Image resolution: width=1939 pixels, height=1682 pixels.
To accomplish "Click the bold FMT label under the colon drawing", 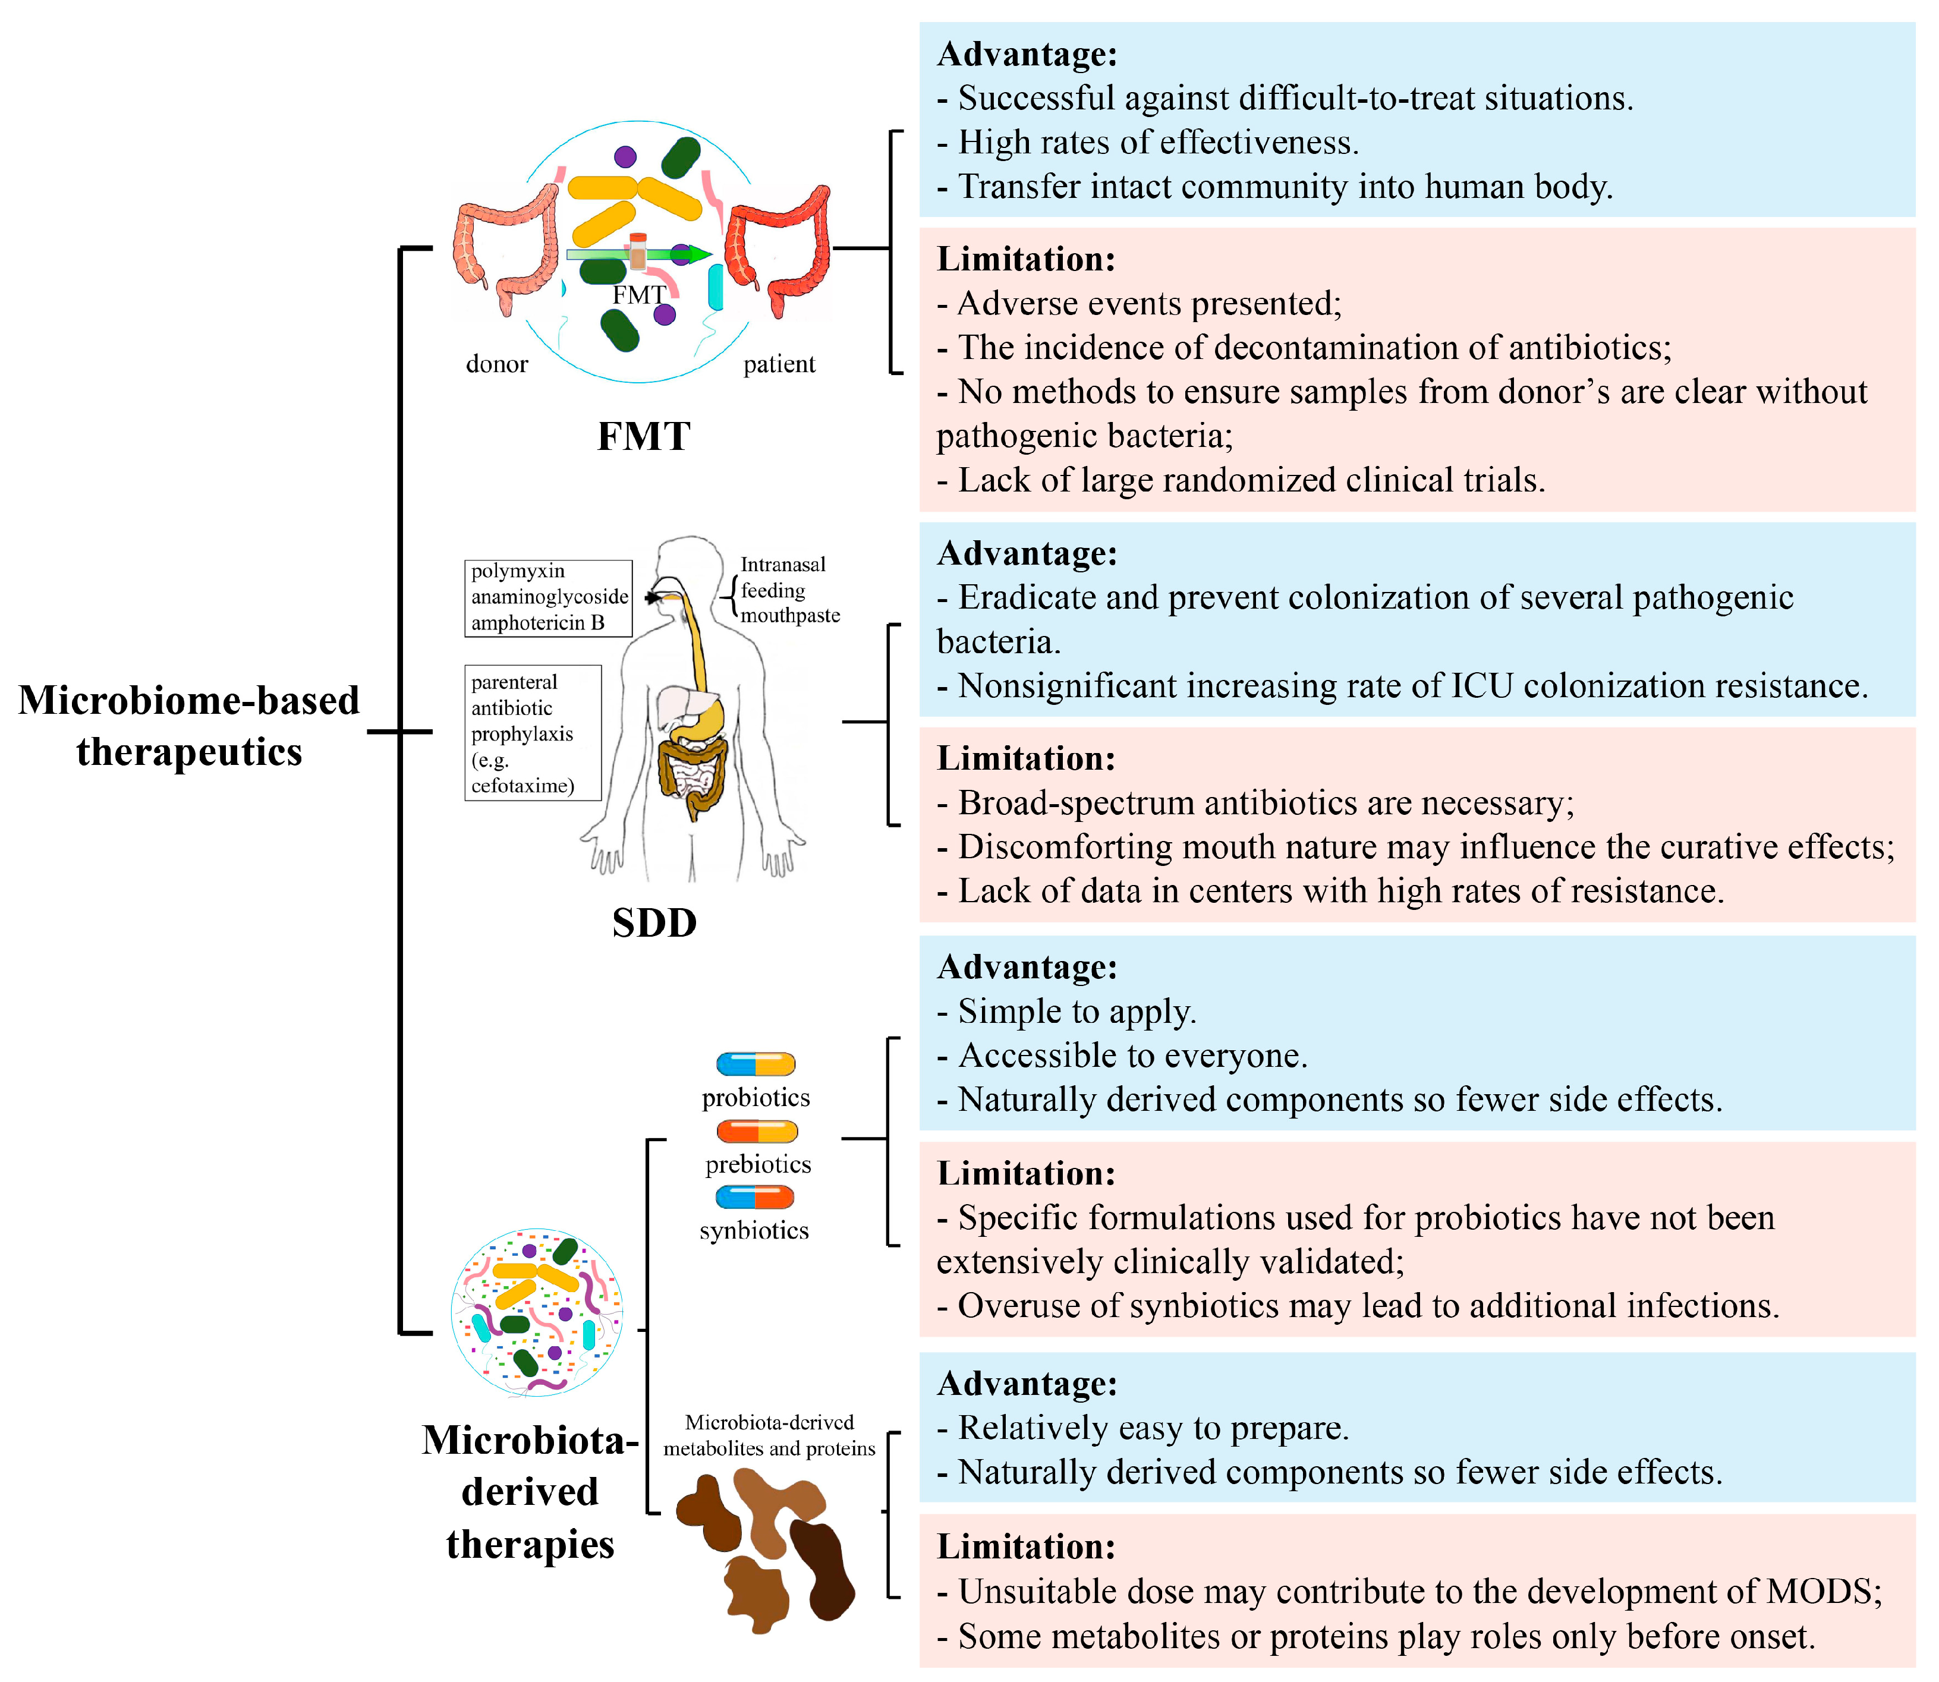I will tap(644, 436).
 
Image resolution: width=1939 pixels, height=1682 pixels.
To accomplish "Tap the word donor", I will tap(496, 364).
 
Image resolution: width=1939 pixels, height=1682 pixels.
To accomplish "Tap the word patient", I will tap(779, 364).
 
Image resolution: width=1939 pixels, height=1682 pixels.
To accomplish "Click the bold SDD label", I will tap(654, 922).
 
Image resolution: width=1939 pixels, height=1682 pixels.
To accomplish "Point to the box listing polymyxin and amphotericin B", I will tap(548, 598).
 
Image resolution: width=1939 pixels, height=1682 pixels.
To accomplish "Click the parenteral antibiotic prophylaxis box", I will tap(532, 733).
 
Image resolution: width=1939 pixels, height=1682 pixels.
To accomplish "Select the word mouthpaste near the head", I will tap(790, 616).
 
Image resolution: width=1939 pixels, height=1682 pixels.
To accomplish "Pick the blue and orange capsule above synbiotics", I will tap(754, 1198).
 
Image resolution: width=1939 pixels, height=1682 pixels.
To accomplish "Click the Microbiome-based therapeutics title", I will tap(188, 726).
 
